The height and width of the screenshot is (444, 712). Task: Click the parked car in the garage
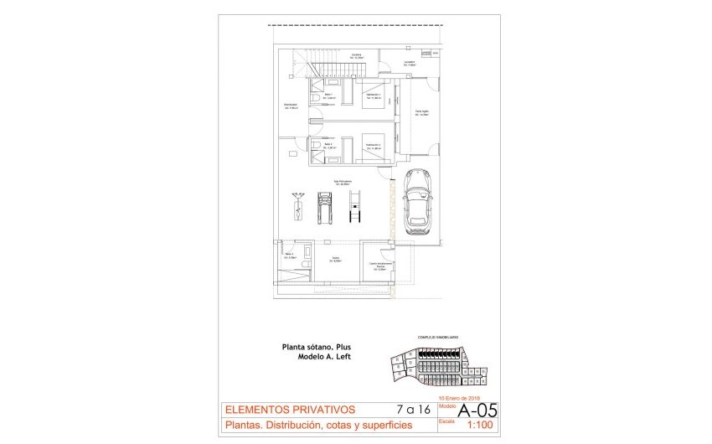click(x=417, y=201)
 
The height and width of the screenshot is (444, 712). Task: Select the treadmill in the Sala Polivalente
click(x=323, y=208)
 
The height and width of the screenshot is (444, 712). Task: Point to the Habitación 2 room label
click(x=374, y=146)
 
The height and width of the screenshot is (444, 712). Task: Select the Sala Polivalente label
click(x=343, y=182)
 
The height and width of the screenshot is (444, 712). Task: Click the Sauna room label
click(x=335, y=259)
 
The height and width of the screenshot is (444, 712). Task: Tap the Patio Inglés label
click(x=422, y=113)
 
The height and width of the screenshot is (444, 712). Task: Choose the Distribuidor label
click(x=292, y=106)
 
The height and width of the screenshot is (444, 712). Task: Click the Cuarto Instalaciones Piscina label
click(x=381, y=266)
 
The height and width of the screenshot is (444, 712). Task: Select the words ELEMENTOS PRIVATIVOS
click(x=289, y=410)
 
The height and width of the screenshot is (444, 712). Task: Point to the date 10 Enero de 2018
click(x=458, y=398)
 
